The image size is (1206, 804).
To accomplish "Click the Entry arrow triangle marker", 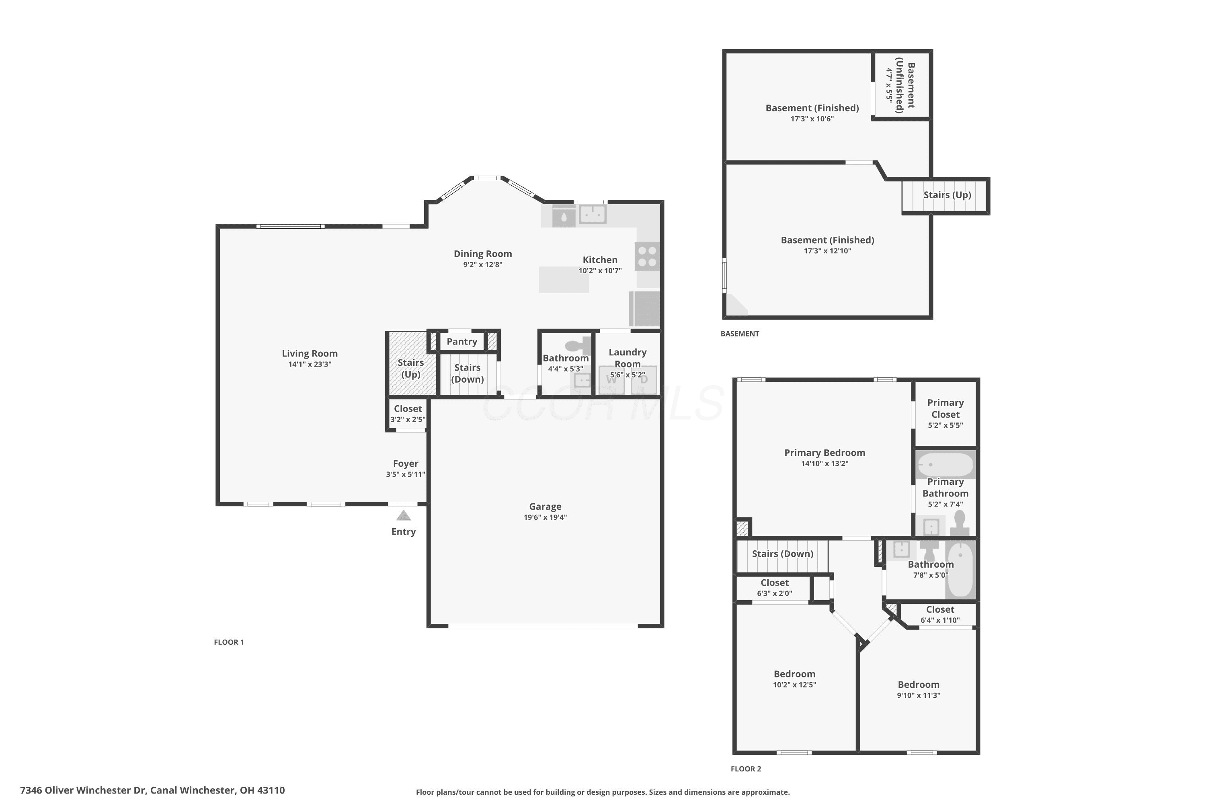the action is [x=404, y=515].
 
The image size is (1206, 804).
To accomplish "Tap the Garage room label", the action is [x=545, y=506].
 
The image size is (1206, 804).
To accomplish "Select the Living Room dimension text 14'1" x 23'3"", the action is [x=310, y=365].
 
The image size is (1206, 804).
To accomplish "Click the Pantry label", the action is [x=461, y=341].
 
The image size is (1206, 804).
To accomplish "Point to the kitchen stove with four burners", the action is [x=647, y=256].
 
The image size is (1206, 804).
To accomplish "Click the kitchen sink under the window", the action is [x=593, y=214].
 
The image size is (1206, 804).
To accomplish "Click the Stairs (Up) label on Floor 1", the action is [x=411, y=368].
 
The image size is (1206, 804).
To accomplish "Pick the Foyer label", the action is [x=406, y=464].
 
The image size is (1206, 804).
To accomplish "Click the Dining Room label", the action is [x=482, y=254].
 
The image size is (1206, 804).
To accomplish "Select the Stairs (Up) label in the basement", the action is [x=947, y=195].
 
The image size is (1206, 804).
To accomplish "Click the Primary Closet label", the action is [x=946, y=409].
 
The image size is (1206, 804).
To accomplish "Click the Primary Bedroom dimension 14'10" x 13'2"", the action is [x=825, y=464].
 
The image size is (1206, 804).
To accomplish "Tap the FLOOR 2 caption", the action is [x=746, y=769].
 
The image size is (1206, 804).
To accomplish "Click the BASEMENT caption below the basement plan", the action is [x=740, y=334].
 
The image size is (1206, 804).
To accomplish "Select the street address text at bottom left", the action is [x=152, y=790].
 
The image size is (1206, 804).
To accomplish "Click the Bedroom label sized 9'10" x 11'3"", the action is [x=918, y=685].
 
